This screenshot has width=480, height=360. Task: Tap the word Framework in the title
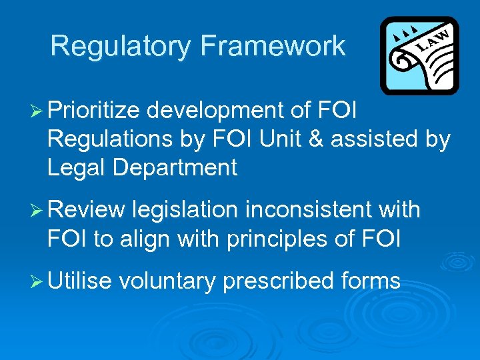point(272,47)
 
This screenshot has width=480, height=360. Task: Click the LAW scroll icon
point(419,56)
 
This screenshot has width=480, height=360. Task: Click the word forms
point(371,281)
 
